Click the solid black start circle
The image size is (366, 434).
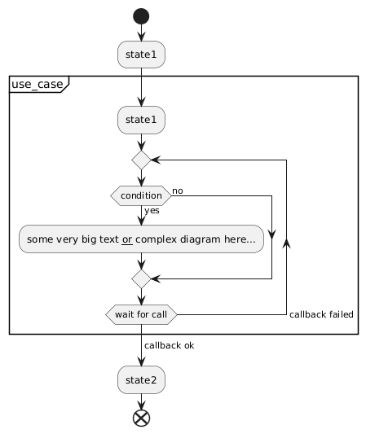141,16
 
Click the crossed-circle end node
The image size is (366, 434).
141,419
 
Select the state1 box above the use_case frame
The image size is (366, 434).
141,55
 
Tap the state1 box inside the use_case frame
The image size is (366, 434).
141,120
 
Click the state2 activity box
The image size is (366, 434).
141,379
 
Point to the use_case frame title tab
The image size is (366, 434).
39,84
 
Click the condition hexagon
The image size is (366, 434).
141,195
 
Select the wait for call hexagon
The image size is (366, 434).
141,314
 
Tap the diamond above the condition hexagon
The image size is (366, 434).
141,160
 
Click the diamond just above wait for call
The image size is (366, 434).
141,278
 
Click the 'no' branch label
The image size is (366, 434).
178,191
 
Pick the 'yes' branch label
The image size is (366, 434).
152,211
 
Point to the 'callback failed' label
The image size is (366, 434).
321,314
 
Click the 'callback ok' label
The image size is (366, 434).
170,345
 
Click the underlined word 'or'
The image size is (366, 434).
127,239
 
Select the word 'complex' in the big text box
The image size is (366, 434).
156,239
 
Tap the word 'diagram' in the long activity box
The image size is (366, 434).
201,239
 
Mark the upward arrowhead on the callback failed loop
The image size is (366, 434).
286,243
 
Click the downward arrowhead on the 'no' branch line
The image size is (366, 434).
271,235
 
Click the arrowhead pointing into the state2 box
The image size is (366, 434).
141,362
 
